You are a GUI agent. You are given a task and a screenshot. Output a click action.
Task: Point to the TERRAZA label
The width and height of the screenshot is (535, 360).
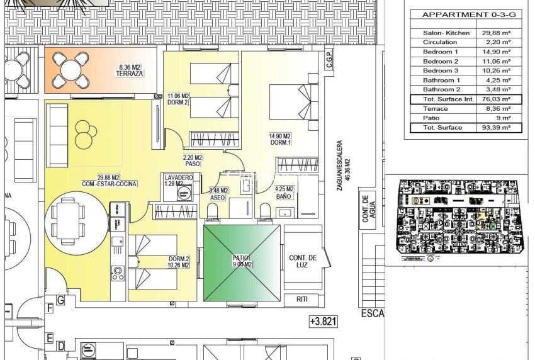click(x=130, y=74)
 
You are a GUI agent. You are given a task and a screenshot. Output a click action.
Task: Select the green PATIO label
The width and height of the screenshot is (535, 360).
click(x=242, y=261)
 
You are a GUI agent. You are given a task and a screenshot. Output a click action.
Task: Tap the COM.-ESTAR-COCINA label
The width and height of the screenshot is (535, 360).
click(x=110, y=184)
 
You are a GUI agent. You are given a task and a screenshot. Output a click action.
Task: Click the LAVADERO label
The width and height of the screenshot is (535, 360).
click(x=178, y=177)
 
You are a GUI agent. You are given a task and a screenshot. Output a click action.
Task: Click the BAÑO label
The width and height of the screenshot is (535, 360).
click(x=284, y=196)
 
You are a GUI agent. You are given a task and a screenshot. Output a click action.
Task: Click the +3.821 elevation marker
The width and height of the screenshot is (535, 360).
click(x=324, y=321)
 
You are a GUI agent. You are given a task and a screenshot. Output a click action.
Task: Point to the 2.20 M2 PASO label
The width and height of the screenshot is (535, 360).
click(x=193, y=160)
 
